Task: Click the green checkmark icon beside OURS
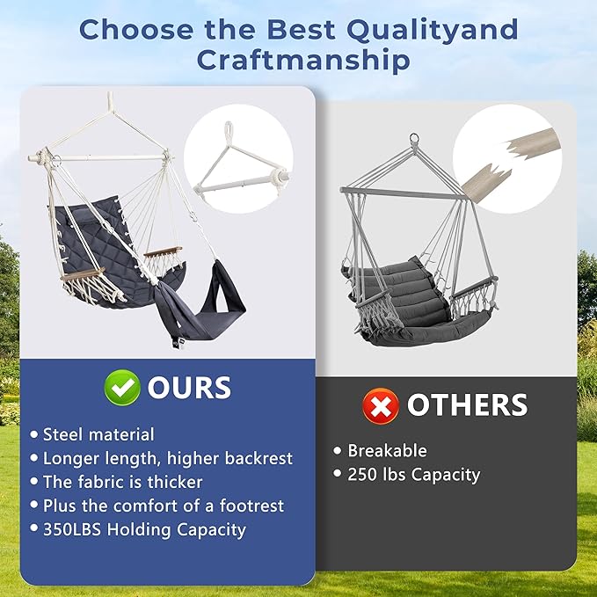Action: click(x=122, y=389)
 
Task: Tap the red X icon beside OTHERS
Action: click(x=381, y=405)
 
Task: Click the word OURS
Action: click(x=189, y=388)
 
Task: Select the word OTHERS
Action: click(x=467, y=404)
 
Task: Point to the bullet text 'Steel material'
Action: click(x=98, y=434)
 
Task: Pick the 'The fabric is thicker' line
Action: click(x=122, y=482)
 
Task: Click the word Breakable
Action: click(x=387, y=451)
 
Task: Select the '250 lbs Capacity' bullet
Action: click(x=414, y=475)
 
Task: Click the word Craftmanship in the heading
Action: click(x=303, y=61)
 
